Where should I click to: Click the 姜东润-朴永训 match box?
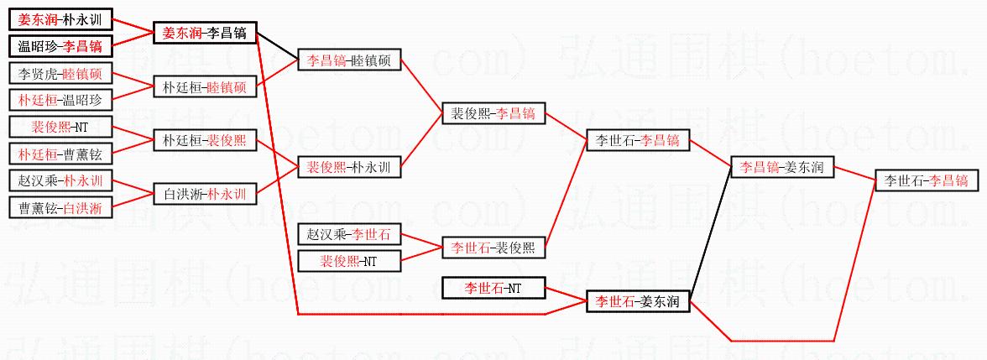60,18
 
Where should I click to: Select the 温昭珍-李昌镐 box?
60,45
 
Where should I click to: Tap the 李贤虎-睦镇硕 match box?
60,73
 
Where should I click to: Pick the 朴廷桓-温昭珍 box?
60,100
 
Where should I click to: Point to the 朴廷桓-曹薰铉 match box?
60,154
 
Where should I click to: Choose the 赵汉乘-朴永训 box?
60,180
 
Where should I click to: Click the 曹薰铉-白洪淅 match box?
60,207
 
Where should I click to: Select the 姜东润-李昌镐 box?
205,33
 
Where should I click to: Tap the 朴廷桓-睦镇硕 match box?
205,86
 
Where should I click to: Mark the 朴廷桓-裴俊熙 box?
205,140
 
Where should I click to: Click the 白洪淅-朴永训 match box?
205,194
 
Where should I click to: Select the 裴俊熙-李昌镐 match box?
493,113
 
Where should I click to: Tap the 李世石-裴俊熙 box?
493,247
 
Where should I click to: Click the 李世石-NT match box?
493,288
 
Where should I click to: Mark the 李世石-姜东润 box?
638,300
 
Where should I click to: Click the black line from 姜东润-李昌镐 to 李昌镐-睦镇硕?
277,46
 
